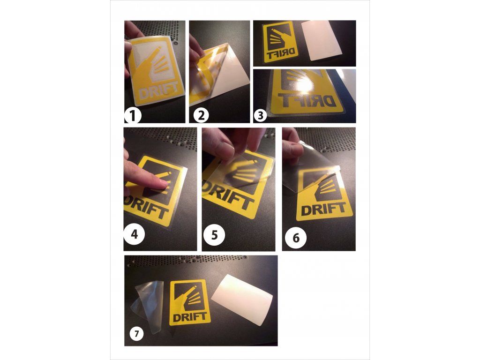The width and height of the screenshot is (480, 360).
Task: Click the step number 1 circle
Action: coord(133,116)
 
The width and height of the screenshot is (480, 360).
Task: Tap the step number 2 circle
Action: coord(202,116)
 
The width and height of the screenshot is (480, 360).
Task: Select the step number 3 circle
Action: coord(261,116)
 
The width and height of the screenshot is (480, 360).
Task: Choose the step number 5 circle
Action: coord(214,235)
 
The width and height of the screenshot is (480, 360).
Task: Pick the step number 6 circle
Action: coord(296,238)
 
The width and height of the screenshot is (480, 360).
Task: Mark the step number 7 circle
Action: coord(136,334)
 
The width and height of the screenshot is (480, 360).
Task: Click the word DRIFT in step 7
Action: coord(190,317)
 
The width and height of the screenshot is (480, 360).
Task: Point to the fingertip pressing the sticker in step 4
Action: coord(163,183)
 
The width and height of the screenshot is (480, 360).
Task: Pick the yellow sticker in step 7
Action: coord(190,303)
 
